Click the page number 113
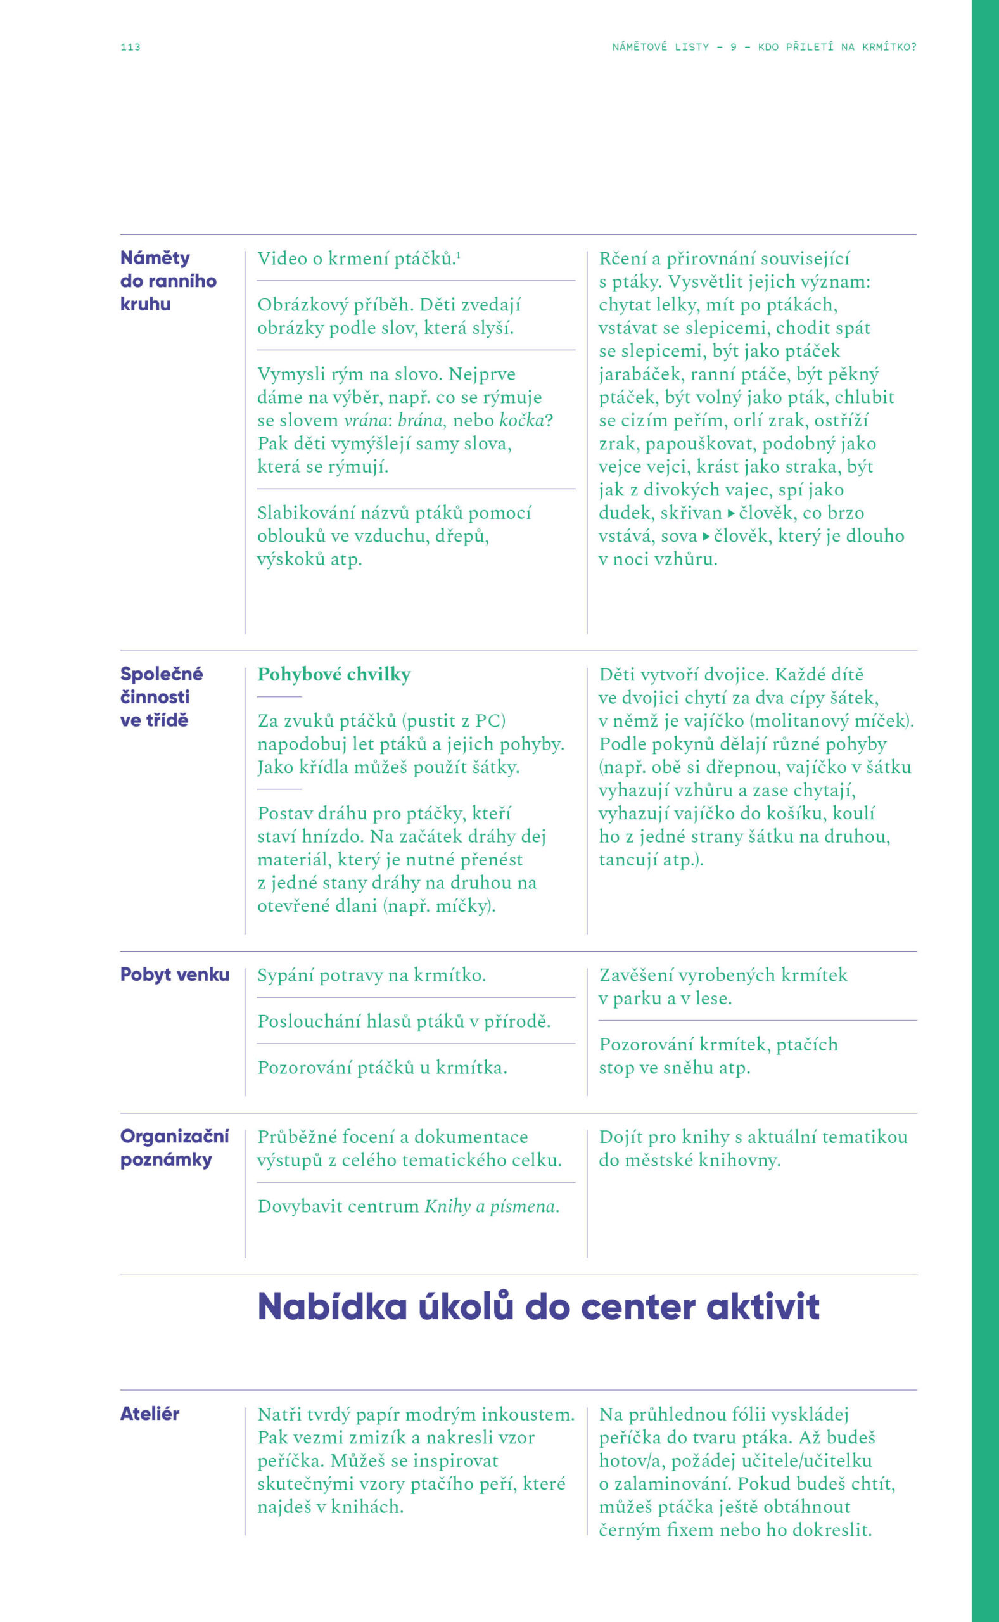(130, 47)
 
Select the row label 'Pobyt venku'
(174, 974)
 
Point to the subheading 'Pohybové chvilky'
(334, 674)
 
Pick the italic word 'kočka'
(521, 420)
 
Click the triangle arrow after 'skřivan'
(731, 513)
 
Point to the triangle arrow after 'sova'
(706, 536)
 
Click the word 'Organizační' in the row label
(174, 1137)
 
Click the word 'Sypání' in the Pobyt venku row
(286, 975)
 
